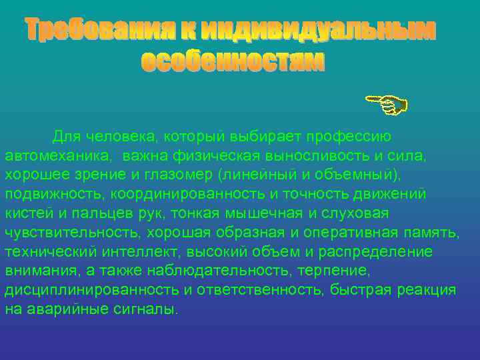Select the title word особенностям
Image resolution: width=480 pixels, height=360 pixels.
[233, 61]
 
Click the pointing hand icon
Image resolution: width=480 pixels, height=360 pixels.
[386, 104]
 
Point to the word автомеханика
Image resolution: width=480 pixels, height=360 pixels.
[59, 155]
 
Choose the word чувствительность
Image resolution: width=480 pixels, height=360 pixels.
[67, 233]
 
